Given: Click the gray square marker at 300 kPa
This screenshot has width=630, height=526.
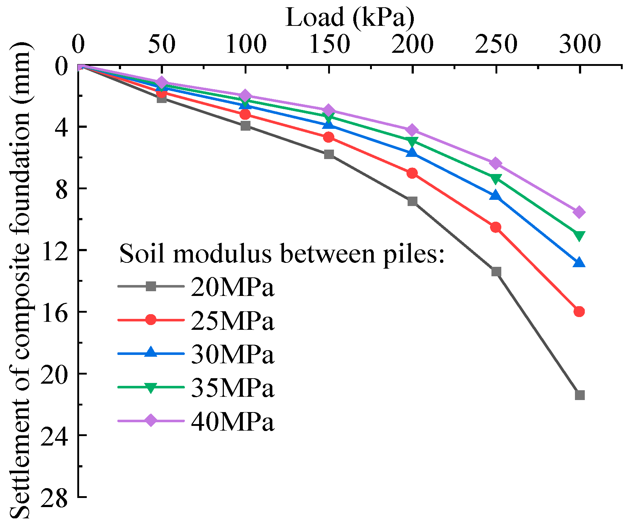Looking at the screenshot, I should (579, 395).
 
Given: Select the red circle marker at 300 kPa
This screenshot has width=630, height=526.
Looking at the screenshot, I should (579, 311).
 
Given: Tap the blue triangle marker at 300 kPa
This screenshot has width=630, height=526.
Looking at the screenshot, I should (579, 263).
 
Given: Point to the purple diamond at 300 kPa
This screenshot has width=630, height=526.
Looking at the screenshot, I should (579, 212).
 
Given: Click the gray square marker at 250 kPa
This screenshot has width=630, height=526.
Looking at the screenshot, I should (496, 272).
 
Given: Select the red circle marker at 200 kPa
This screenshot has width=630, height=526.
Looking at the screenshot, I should (412, 173).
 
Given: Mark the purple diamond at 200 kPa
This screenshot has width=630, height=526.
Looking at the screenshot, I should (412, 130).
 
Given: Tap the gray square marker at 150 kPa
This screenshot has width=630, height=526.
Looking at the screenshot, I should (329, 154).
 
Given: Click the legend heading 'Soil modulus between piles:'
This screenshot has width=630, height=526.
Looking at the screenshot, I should (282, 253).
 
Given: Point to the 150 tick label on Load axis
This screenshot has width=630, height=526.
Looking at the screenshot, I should (329, 44).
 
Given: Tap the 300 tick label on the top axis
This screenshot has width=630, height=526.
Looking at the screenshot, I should (580, 44).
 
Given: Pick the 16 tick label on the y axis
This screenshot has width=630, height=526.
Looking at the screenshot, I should (54, 312).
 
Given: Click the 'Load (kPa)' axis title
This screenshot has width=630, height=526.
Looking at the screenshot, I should (350, 17).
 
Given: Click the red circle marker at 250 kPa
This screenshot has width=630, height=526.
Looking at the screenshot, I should (496, 228).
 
